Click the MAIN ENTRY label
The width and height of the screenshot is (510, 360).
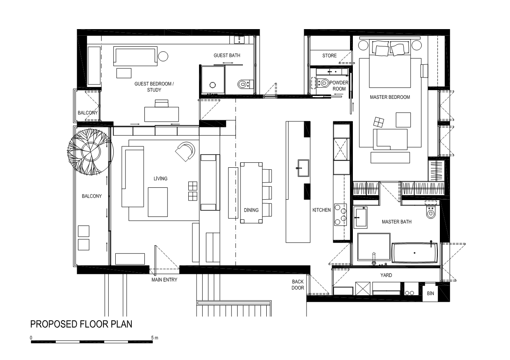(164, 280)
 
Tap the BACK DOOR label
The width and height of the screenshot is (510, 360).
(297, 285)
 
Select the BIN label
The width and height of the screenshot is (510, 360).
(430, 294)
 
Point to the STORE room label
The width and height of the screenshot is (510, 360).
(329, 55)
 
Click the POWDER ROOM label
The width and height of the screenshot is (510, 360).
(339, 86)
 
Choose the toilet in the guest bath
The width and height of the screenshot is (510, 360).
(245, 84)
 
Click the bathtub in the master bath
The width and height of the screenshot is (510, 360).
(414, 253)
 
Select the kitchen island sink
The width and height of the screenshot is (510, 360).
(304, 168)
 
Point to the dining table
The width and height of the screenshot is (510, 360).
(252, 193)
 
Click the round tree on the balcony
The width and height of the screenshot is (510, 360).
(90, 152)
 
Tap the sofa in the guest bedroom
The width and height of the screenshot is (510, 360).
(135, 56)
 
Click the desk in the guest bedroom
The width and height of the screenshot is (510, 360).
(161, 114)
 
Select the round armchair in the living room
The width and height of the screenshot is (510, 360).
(185, 152)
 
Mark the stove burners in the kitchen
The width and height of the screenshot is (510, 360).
(341, 214)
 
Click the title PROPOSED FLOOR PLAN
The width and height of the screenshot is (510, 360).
(81, 324)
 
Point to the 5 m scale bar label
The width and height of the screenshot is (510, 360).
(155, 338)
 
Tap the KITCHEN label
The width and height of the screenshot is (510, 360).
(322, 210)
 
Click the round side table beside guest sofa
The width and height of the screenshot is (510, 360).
(163, 56)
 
